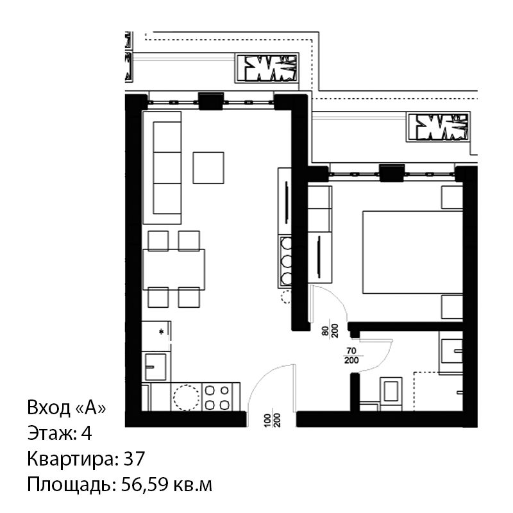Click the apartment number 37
coord(134,458)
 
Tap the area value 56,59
coord(144,485)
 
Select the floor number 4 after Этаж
coord(87,433)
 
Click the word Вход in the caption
coord(49,408)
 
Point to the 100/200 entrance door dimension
coord(272,421)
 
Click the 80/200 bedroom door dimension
coord(330,330)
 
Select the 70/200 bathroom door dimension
coord(351,356)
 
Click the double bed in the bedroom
coord(412,252)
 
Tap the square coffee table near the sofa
coord(208,167)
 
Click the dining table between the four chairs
coord(174,269)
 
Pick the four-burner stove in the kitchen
coord(217,397)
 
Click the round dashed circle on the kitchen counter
coord(186,398)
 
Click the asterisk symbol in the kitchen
coord(162,332)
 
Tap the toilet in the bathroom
coord(391,394)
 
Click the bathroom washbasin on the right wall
coord(452,351)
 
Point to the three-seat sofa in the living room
coord(162,168)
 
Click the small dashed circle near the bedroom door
coord(286,297)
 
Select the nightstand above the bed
coord(452,198)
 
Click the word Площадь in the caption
coord(72,485)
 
